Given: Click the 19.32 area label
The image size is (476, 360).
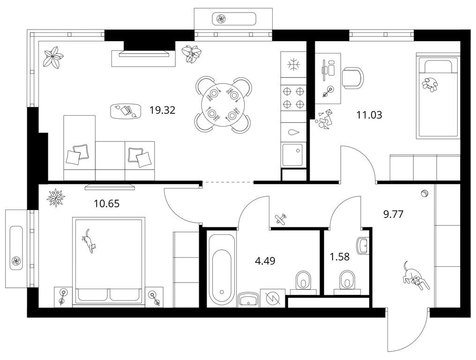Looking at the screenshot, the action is click(x=163, y=110).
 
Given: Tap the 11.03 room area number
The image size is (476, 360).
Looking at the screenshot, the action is click(x=369, y=115).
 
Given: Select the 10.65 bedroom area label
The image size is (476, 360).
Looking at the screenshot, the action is click(x=106, y=203).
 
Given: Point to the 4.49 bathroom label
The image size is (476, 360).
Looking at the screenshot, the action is click(x=265, y=261).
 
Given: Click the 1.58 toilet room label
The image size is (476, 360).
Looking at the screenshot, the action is click(x=340, y=257).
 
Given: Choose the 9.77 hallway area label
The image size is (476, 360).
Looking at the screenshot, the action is click(x=394, y=215).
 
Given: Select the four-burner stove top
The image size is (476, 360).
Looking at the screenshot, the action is click(x=293, y=97).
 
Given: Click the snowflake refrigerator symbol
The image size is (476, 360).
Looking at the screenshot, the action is click(x=294, y=65).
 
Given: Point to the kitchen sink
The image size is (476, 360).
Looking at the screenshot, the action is click(x=293, y=155).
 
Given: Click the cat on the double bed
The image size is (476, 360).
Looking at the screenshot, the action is click(x=89, y=241).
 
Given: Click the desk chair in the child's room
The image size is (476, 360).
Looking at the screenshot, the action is click(x=353, y=78).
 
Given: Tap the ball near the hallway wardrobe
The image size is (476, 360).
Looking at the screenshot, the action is click(x=424, y=193).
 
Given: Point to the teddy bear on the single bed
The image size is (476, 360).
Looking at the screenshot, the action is click(x=430, y=84).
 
